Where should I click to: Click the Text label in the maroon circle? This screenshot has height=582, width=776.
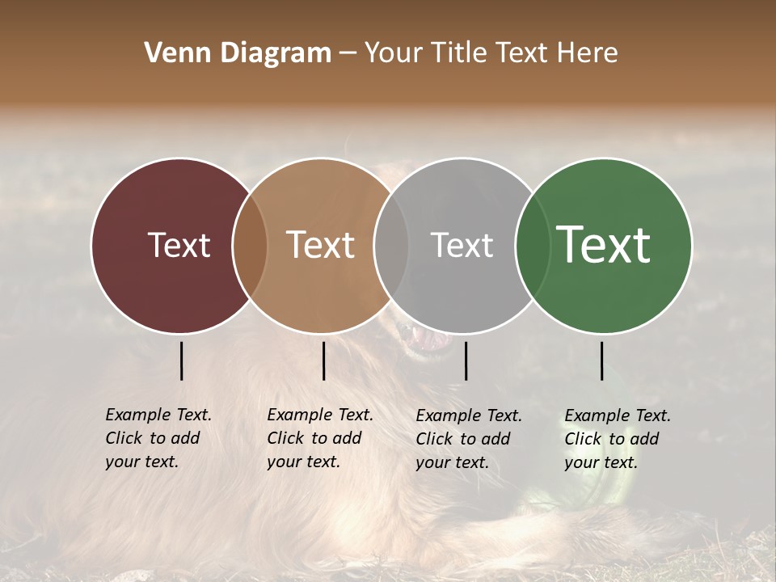click(x=179, y=245)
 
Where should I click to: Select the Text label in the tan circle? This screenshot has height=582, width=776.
click(x=320, y=245)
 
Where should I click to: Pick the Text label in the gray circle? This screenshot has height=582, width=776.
click(x=462, y=245)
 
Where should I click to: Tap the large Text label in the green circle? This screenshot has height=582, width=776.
click(x=603, y=245)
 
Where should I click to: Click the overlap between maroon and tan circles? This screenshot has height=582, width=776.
click(x=250, y=245)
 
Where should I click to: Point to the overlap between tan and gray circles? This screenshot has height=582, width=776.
click(x=391, y=245)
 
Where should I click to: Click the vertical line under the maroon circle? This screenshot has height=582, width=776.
click(x=181, y=361)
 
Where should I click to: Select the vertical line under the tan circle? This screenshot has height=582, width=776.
click(x=323, y=361)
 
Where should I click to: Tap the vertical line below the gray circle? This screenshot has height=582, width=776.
click(x=466, y=361)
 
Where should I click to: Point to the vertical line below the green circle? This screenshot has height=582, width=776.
click(x=601, y=361)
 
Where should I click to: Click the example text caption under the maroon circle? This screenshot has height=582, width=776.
click(x=158, y=438)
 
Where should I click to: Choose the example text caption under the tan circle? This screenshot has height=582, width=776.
click(x=320, y=438)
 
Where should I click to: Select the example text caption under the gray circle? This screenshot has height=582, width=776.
click(x=469, y=439)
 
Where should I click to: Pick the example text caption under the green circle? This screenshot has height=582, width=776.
click(x=618, y=439)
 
